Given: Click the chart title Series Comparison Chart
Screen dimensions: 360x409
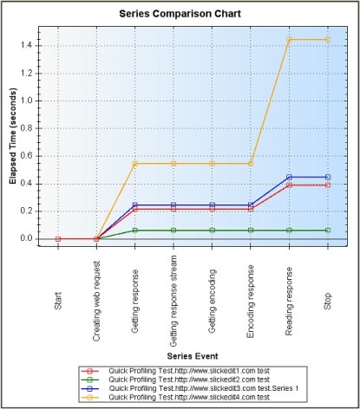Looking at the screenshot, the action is click(x=180, y=14).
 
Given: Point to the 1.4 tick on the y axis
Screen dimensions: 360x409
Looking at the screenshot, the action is click(x=27, y=46).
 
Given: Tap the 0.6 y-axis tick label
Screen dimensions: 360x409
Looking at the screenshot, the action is click(x=27, y=156).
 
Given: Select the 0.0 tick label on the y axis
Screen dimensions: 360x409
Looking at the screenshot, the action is click(x=27, y=238).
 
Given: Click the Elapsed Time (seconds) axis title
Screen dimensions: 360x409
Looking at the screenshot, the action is click(x=13, y=136).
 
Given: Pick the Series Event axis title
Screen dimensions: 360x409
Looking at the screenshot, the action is click(x=193, y=356).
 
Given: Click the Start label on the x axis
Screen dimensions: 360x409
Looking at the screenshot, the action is click(x=58, y=301).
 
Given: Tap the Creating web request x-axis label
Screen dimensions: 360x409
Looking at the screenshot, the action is click(x=96, y=301).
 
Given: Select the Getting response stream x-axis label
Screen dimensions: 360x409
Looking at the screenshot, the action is click(x=173, y=301).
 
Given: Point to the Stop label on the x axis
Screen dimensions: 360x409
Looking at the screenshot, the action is click(x=327, y=301).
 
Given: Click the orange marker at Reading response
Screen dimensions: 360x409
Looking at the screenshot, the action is click(x=289, y=40).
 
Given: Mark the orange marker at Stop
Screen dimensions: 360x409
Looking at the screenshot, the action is click(x=328, y=40).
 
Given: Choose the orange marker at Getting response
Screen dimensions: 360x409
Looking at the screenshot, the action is click(x=135, y=164).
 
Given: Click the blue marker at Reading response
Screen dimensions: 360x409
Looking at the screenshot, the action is click(x=289, y=177).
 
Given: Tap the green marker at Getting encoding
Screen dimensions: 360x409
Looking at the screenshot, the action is click(x=213, y=230).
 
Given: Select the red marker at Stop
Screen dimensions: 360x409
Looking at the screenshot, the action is click(x=328, y=185).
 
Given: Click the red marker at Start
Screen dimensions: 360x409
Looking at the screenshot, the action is click(x=58, y=239).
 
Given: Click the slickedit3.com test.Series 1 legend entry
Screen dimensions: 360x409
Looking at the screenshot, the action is click(x=190, y=388).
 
